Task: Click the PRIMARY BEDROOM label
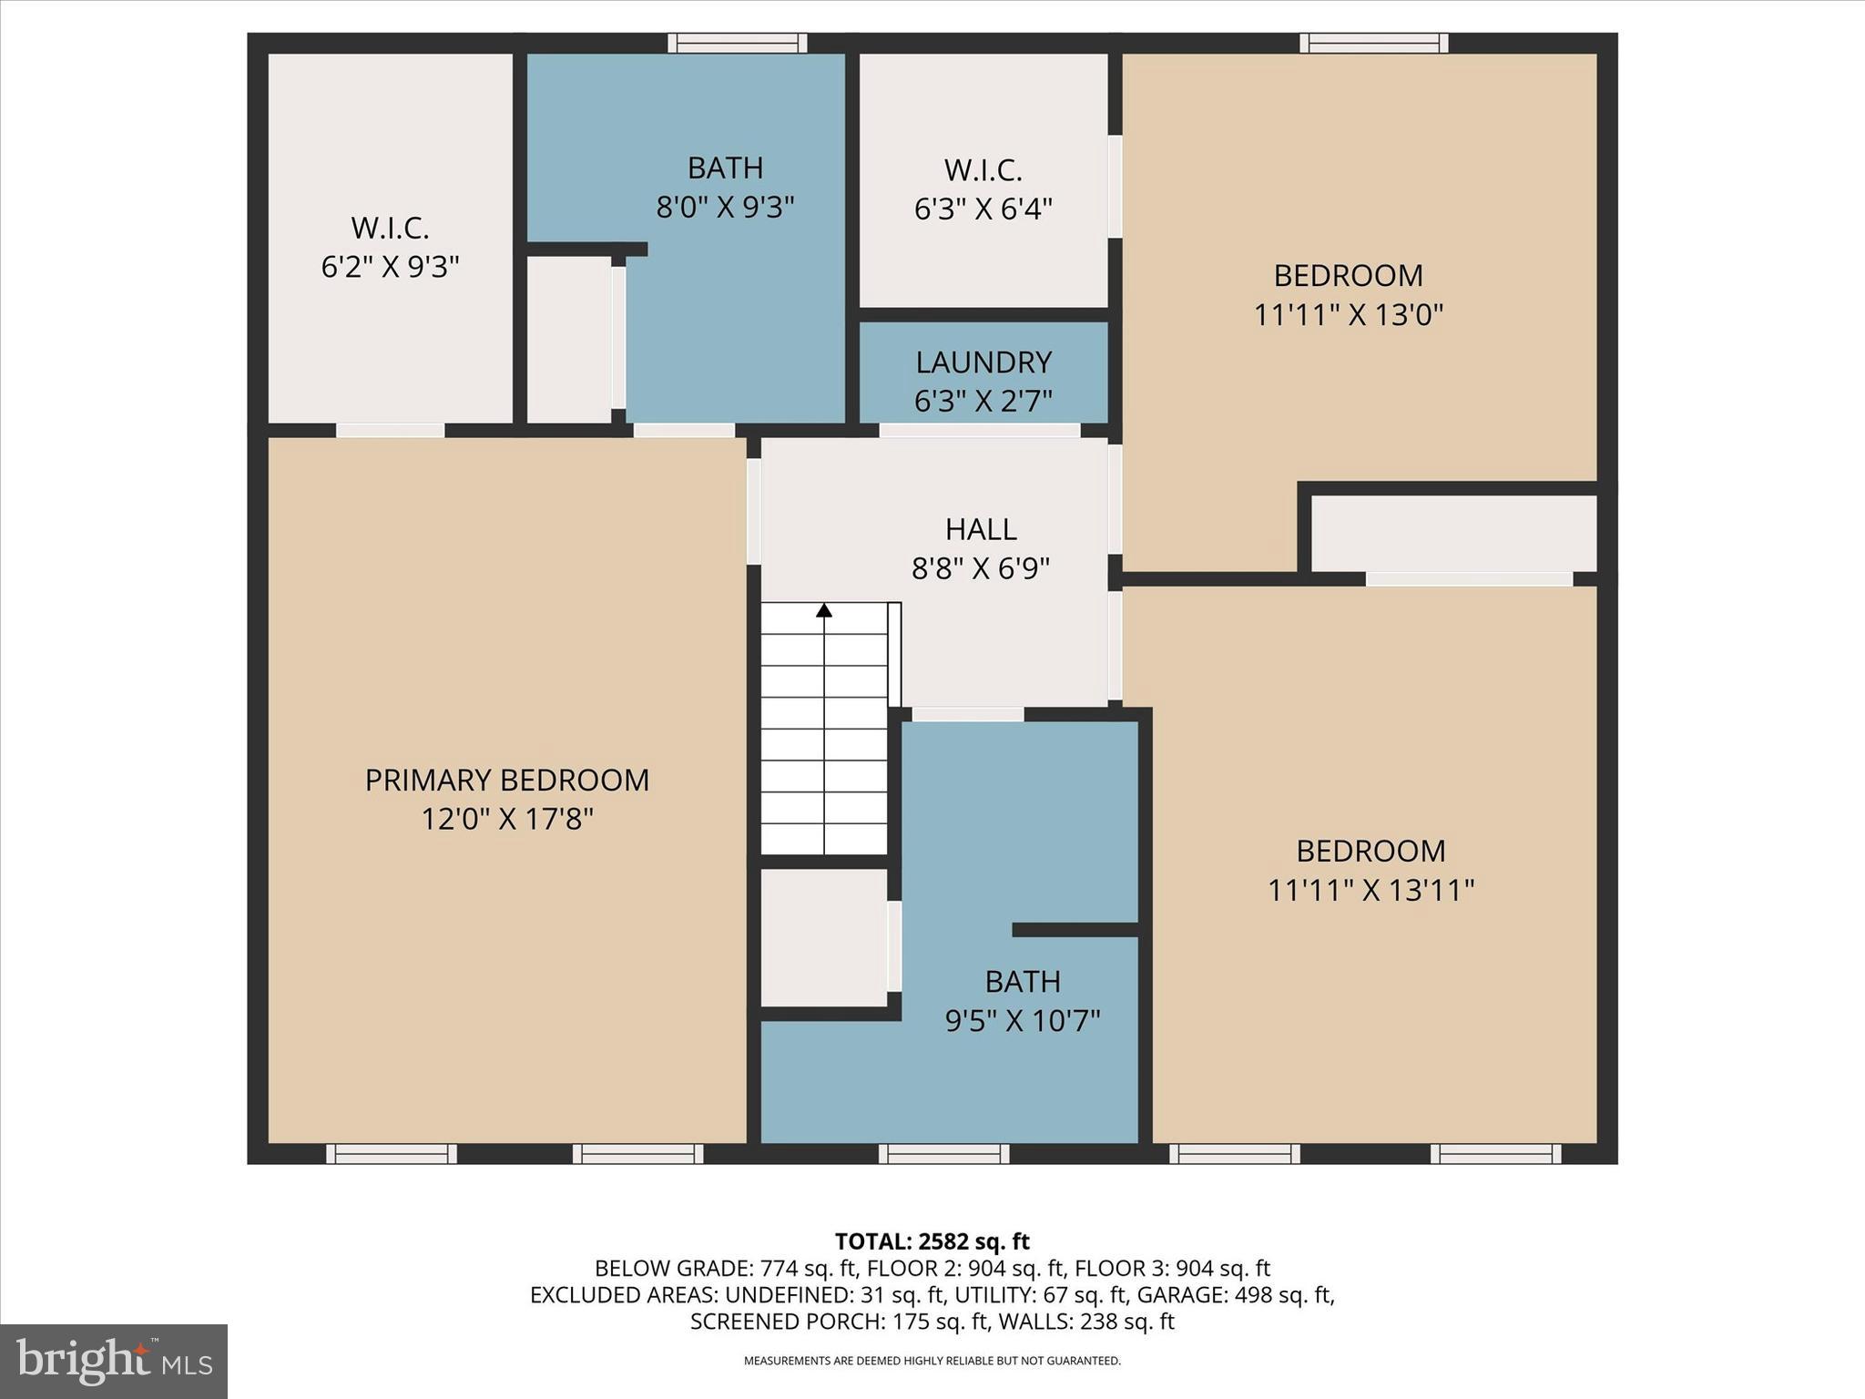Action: pos(507,781)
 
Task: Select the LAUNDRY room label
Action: pos(983,363)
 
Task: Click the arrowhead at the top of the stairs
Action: pos(824,610)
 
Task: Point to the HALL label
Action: pos(981,529)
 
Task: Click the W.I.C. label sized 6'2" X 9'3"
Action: pos(390,228)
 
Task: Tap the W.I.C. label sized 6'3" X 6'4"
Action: pos(983,170)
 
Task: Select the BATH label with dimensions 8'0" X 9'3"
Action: pos(725,168)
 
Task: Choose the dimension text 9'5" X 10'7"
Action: pos(1023,1021)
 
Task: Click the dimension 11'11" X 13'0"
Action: pos(1349,315)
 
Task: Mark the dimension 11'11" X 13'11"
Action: pos(1371,890)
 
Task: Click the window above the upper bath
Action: pos(738,43)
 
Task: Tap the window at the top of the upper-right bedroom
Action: pos(1374,43)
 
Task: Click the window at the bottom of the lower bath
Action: pos(944,1154)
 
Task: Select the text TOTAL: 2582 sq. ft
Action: pos(932,1241)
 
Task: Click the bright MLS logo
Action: pos(114,1361)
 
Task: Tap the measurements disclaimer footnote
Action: pos(932,1361)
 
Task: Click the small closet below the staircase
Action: pos(824,938)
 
